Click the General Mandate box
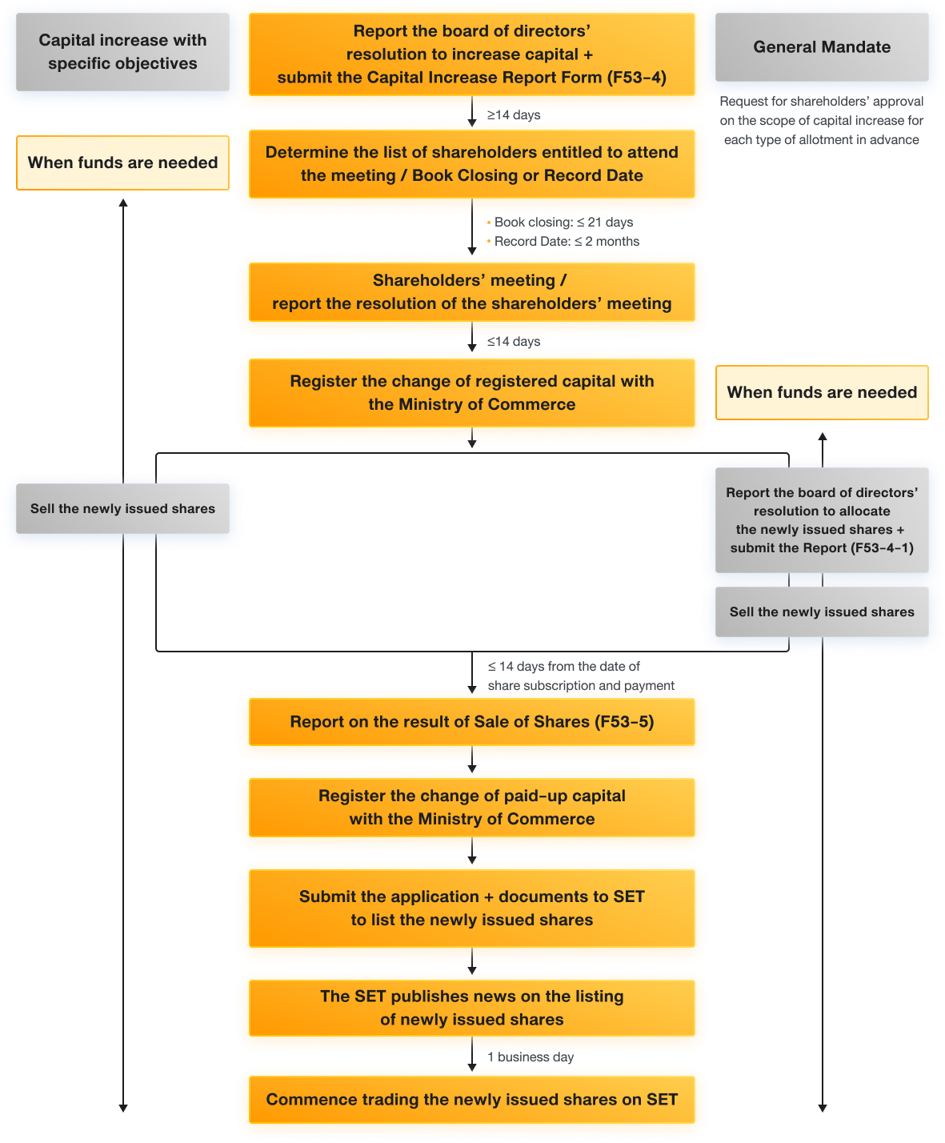822,47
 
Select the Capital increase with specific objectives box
122,52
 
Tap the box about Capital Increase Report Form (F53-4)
471,54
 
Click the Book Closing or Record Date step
471,164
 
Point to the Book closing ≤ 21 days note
563,223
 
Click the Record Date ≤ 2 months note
566,242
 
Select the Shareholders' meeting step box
471,292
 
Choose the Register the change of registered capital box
471,393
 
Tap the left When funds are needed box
122,163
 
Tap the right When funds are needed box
822,393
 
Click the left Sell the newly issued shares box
122,509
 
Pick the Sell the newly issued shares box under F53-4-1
822,612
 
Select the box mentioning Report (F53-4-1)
822,520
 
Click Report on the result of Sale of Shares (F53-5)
471,722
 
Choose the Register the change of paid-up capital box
471,808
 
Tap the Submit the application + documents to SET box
471,908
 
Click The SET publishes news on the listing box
471,1008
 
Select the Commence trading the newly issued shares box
471,1100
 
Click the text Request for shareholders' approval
822,102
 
